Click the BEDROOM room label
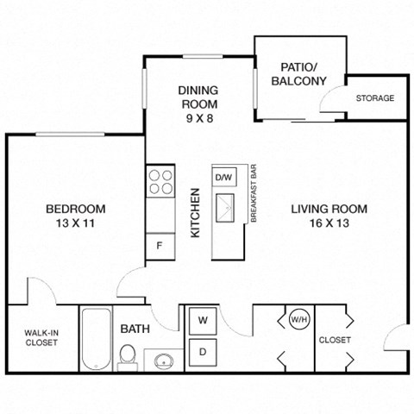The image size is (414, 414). [75, 209]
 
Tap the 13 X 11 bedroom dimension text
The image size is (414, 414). [75, 223]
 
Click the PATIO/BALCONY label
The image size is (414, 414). [298, 74]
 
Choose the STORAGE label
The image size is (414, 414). [375, 98]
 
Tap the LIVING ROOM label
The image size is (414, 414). [329, 209]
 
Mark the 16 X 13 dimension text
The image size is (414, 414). [329, 223]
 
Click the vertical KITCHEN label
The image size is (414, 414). [196, 213]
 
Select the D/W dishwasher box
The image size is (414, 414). [224, 178]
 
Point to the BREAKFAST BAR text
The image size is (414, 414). [254, 194]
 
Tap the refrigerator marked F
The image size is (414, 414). [160, 246]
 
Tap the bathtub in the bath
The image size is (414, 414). [95, 339]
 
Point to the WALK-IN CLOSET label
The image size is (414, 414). [41, 337]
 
